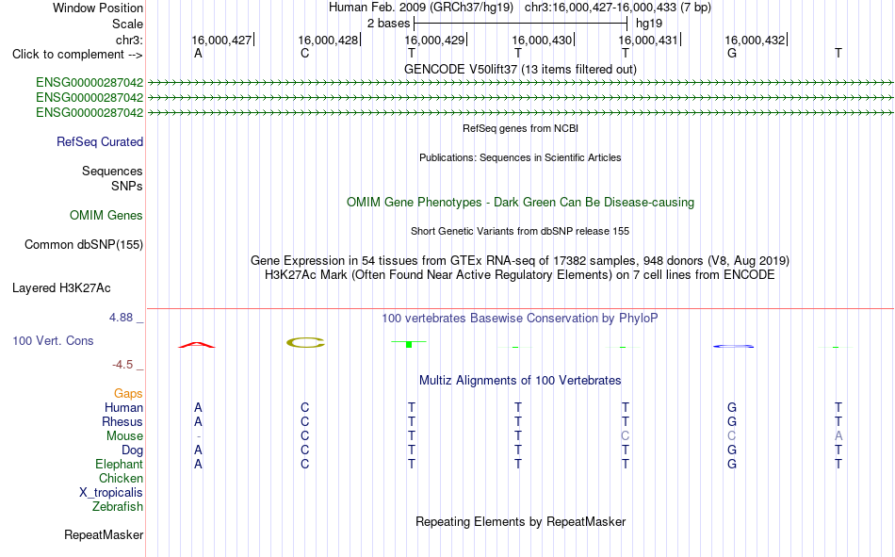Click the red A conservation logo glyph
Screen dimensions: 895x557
196,344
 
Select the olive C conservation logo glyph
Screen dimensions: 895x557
305,343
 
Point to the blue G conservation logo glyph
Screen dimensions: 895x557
734,346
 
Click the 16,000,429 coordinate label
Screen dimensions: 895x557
434,40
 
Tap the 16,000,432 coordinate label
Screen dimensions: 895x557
755,40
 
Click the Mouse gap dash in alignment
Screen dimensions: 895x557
198,436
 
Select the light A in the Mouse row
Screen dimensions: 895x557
838,435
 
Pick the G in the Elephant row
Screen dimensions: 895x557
732,464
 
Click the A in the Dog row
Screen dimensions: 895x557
198,451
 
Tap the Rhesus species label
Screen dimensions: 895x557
122,421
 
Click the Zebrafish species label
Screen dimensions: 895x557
118,506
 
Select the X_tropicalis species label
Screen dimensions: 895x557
111,493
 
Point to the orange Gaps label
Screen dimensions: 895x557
128,393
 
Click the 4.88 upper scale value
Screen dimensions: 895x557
121,317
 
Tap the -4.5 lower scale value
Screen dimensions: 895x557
122,365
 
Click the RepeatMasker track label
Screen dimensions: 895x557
104,534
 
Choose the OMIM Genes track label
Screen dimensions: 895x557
106,216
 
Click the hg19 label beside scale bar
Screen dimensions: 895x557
649,24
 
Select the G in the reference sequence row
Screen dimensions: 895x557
732,53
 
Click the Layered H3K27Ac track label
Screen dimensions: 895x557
61,288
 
